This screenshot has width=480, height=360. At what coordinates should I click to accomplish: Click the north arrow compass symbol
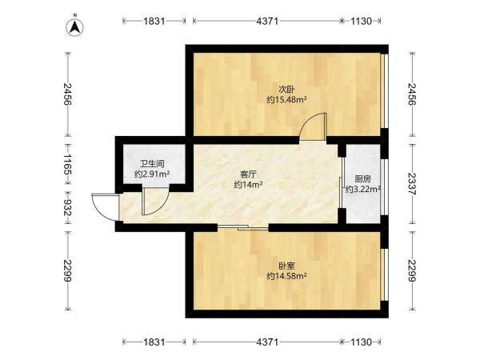pos(75,27)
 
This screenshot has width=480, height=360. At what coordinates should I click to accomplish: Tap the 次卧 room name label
pos(286,90)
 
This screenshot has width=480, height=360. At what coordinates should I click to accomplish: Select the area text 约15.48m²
pos(287,100)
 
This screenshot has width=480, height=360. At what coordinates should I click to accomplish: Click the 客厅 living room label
pos(248,174)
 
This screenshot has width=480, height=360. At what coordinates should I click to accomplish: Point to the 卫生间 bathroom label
pos(152,164)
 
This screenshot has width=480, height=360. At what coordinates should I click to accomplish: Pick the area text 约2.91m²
pos(152,174)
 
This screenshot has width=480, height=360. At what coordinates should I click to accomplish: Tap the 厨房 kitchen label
pos(363,178)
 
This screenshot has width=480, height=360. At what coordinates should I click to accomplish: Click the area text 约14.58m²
pos(287,277)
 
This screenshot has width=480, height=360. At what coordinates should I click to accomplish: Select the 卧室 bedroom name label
pos(286,266)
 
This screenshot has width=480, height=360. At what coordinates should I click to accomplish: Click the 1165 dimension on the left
pos(67,164)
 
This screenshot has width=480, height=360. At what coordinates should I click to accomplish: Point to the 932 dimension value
pos(67,207)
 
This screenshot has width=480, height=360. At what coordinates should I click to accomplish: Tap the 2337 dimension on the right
pos(413,184)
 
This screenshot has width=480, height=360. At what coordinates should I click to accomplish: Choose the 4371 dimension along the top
pos(267,21)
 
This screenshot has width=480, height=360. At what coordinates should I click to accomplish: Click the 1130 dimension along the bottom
pos(362,342)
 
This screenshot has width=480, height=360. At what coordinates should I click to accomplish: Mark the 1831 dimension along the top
pos(154,21)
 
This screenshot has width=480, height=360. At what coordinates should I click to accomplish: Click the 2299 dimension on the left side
pos(67,270)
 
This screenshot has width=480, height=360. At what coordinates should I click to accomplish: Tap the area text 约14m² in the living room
pos(248,185)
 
